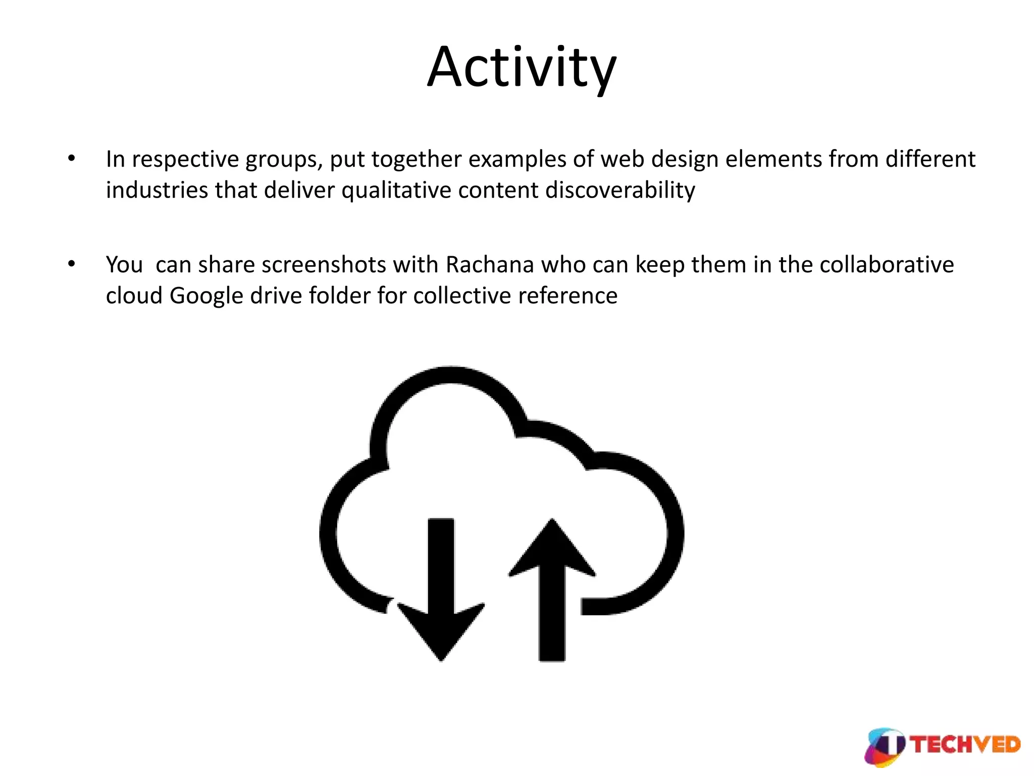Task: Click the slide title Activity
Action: click(522, 68)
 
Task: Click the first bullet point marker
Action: click(72, 159)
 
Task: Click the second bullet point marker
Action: click(72, 264)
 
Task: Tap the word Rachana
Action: click(489, 264)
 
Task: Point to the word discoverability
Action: click(620, 190)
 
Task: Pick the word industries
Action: click(157, 190)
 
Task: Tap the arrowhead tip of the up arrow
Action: click(552, 521)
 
